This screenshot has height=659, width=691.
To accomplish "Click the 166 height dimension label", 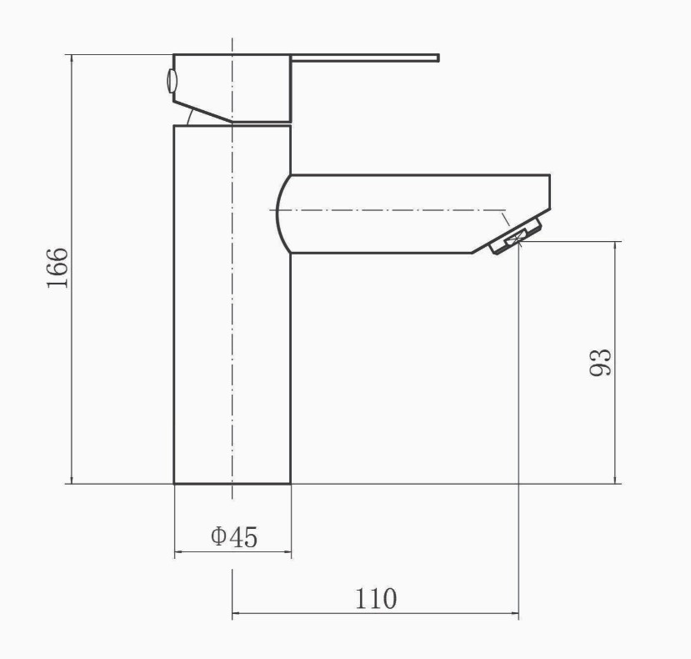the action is [58, 268].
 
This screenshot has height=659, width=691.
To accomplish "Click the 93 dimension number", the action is [601, 362].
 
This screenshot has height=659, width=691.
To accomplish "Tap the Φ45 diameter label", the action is [234, 536].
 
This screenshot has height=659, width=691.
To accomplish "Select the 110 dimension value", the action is [376, 598].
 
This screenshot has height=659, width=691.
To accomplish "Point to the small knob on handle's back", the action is [171, 81].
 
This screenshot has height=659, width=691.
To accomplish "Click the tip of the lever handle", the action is [438, 58].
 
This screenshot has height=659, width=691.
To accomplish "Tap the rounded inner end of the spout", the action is [278, 214].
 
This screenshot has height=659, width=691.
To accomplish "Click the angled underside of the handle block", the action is [203, 112].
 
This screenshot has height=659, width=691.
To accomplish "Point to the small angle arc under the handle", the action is [190, 117].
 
